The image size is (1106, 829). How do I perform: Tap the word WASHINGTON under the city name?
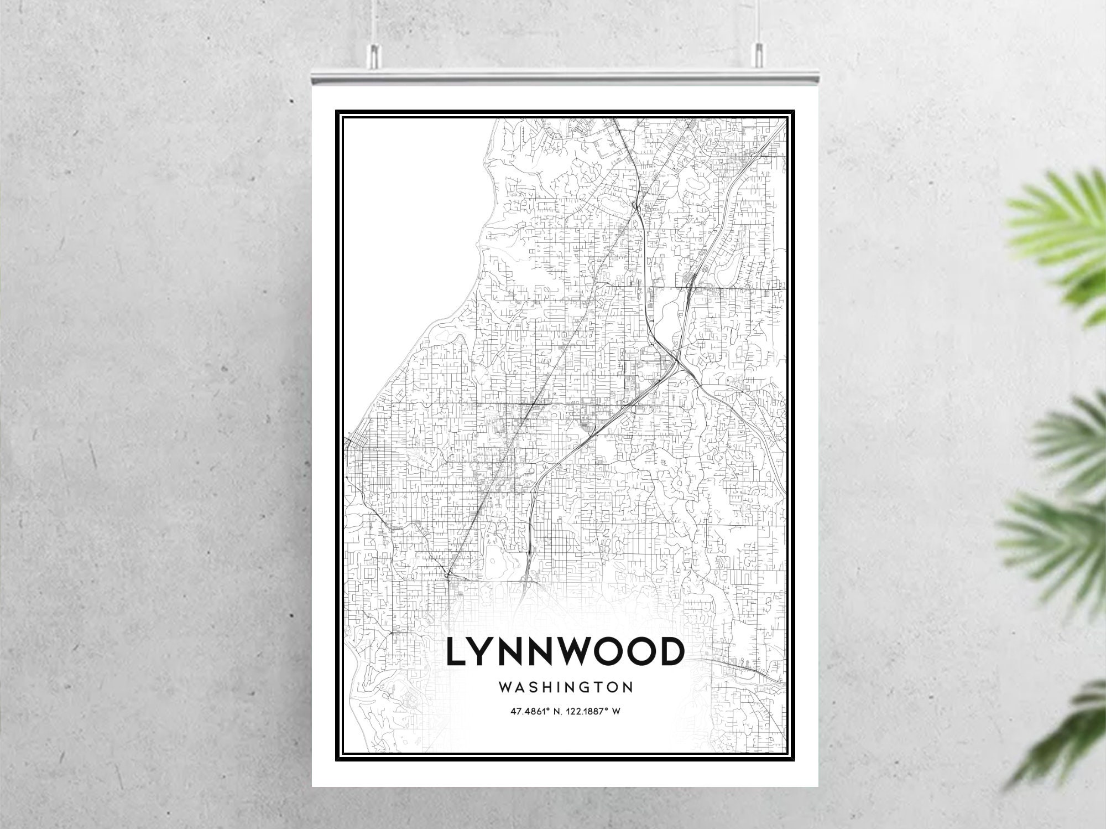pyautogui.click(x=566, y=687)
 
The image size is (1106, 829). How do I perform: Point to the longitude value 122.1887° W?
pyautogui.click(x=593, y=711)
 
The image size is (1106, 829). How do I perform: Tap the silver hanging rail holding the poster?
pyautogui.click(x=565, y=75)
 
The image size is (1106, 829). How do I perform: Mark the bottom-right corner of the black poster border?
pyautogui.click(x=794, y=759)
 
